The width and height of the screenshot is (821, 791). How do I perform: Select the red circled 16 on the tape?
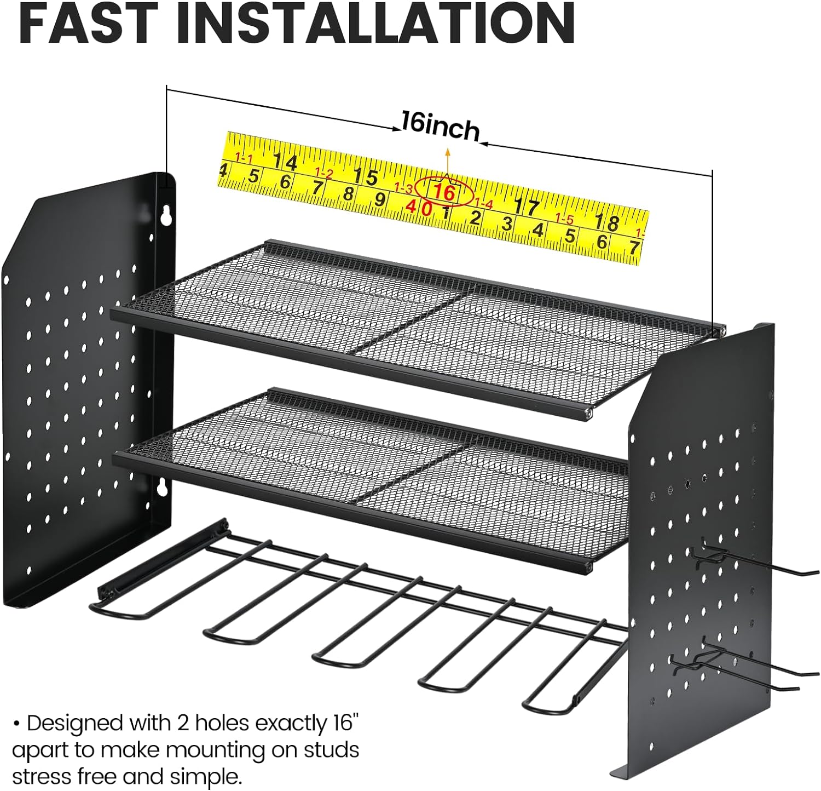coord(443,192)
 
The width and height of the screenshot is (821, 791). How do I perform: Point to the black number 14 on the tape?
coord(285,162)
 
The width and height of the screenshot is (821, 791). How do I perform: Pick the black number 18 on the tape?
coord(606,222)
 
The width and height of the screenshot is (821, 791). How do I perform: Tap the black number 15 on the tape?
coord(366,177)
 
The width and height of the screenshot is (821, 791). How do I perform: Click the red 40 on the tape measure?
coord(419,208)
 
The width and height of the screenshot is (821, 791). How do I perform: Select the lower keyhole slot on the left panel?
coord(162,486)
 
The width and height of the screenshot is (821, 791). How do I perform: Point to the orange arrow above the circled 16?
coord(447,161)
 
